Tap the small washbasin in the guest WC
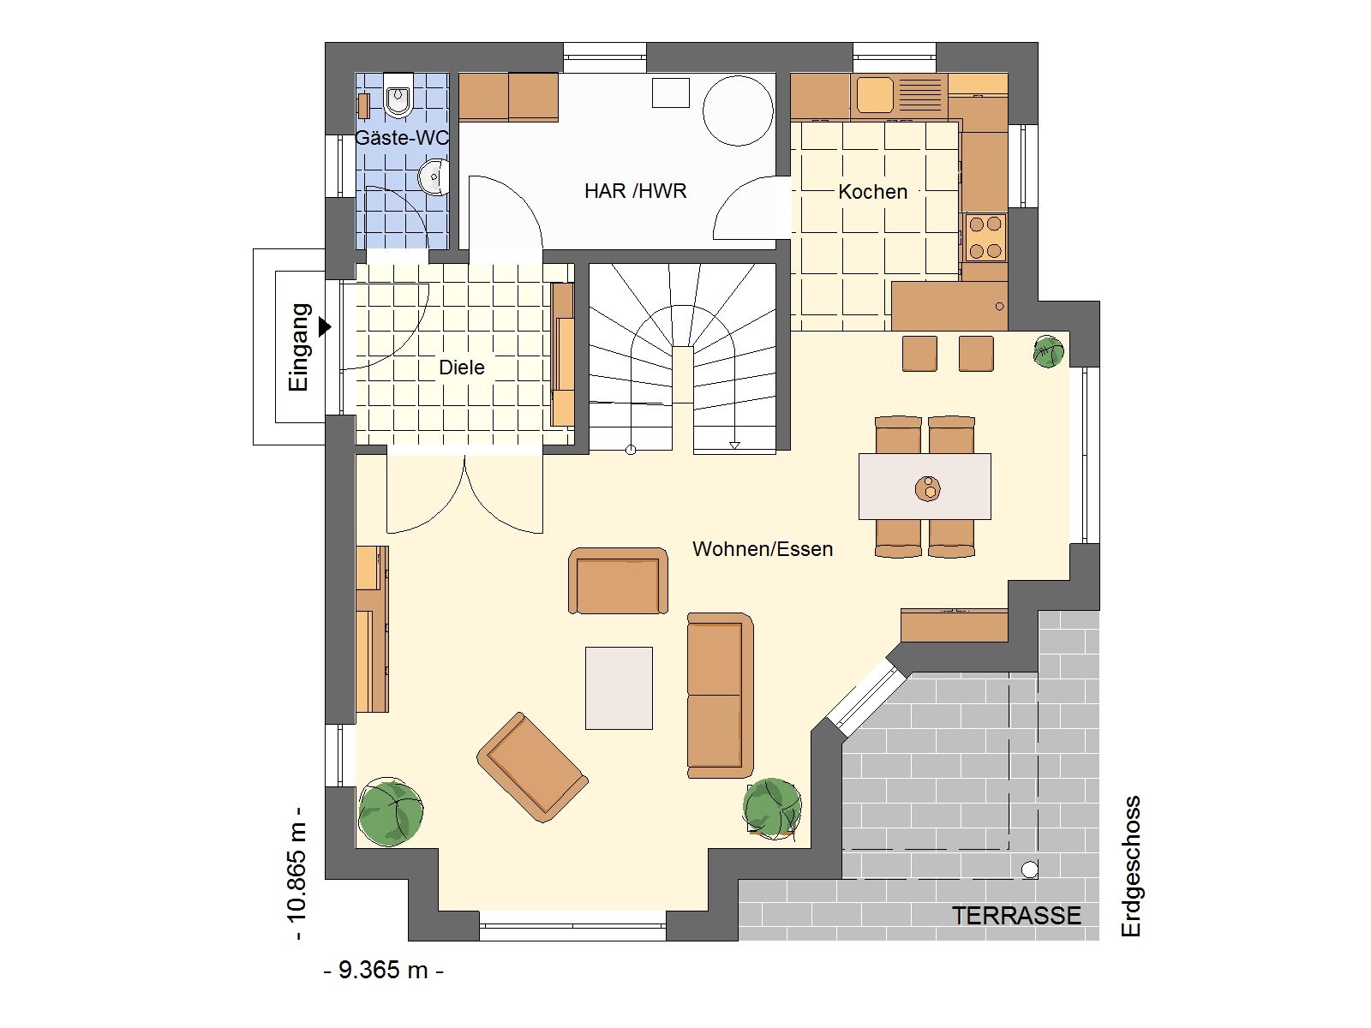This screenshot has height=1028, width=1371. (434, 176)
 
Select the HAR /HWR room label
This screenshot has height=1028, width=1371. (635, 191)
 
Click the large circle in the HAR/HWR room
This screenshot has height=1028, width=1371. (738, 111)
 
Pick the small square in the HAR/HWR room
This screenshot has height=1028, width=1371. (670, 93)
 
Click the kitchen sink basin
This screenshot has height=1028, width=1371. (875, 94)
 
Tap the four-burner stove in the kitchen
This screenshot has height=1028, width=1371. (985, 237)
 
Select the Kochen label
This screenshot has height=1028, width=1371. (872, 192)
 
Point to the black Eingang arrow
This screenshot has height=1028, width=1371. (325, 326)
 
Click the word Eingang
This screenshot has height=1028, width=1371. (298, 347)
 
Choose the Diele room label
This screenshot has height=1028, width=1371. (462, 367)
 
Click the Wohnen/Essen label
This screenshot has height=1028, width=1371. (763, 548)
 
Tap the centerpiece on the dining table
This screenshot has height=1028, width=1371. (928, 488)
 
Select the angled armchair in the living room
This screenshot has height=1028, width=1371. (532, 767)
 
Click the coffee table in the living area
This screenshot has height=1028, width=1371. (619, 688)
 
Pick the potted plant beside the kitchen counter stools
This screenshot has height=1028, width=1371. (1049, 352)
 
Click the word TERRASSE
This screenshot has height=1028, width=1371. (1016, 916)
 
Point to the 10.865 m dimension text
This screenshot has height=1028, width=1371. (298, 873)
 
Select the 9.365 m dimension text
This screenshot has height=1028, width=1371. (384, 970)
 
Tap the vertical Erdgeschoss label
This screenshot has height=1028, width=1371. (1130, 866)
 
